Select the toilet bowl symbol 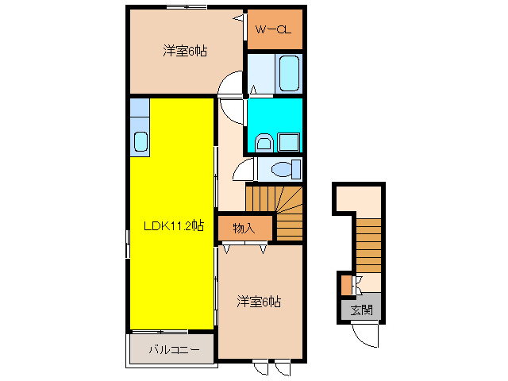point(281,169)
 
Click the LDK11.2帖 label point(173,225)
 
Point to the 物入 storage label point(244,229)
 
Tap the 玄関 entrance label point(361,310)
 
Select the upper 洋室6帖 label point(185,52)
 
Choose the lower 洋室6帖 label point(259,302)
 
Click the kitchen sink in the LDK point(140,142)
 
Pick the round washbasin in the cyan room point(265,143)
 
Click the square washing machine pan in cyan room point(289,142)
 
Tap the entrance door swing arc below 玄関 point(367,337)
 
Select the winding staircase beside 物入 point(278,205)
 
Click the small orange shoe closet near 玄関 point(344,283)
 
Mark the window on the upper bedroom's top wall point(186,7)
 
